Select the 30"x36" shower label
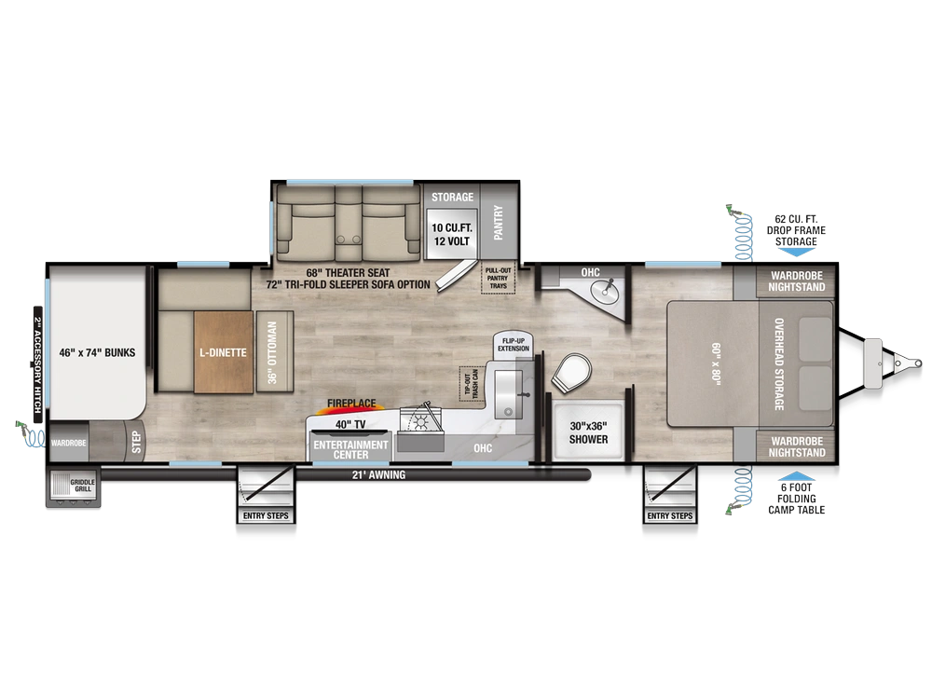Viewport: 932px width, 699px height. (x=588, y=432)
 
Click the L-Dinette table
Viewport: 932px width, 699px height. (x=224, y=352)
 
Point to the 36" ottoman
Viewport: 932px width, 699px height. (x=274, y=352)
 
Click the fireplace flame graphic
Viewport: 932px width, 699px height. (x=351, y=407)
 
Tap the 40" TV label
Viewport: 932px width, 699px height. (x=350, y=424)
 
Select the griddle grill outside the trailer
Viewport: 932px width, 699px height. (x=73, y=488)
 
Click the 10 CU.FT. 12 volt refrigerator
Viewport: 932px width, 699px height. (x=452, y=234)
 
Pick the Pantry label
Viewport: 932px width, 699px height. (x=498, y=223)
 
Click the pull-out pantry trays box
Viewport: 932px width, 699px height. (x=498, y=278)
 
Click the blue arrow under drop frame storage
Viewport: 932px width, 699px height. (x=796, y=252)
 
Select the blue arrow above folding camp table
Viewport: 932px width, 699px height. (x=796, y=475)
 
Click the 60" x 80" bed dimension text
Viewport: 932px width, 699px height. (x=716, y=363)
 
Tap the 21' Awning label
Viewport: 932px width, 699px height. (x=378, y=475)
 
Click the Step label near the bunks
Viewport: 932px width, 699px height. (x=137, y=442)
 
